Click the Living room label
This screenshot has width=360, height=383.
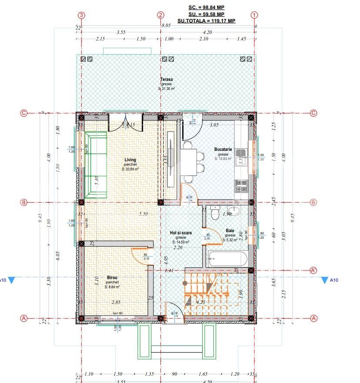[130, 160]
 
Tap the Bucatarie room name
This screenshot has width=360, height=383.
[223, 150]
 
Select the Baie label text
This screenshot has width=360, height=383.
[230, 231]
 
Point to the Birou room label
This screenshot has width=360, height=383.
[112, 277]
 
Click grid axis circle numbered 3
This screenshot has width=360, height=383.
[81, 14]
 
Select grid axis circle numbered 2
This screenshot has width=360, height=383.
[161, 14]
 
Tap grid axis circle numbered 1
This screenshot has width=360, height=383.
[254, 14]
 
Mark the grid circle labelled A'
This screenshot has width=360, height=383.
[313, 270]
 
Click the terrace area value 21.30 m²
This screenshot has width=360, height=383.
[166, 89]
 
